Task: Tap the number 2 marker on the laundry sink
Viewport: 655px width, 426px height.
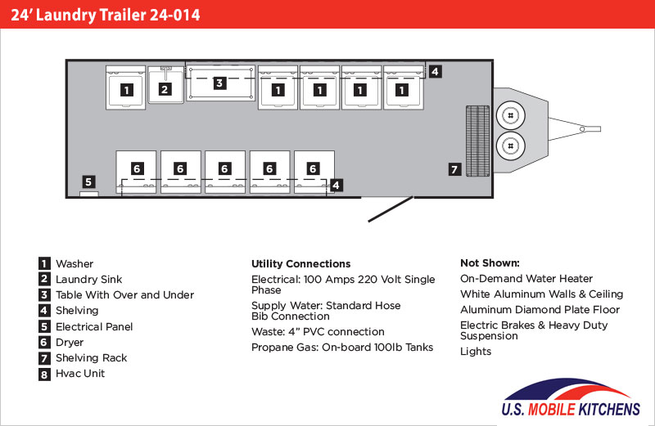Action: (x=165, y=89)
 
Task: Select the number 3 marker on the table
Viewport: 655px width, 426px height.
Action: (x=219, y=83)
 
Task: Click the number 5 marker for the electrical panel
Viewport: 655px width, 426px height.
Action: (x=88, y=182)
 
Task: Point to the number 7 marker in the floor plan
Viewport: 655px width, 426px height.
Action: (x=455, y=169)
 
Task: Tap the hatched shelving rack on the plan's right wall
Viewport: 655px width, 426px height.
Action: (x=476, y=140)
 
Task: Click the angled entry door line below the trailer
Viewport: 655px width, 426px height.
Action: (x=389, y=208)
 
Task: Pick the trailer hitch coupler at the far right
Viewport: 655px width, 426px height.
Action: (x=588, y=128)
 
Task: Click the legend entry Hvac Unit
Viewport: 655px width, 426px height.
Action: (x=80, y=374)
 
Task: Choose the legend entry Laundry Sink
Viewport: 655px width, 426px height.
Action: (x=88, y=280)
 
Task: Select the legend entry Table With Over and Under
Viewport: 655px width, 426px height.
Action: (x=124, y=295)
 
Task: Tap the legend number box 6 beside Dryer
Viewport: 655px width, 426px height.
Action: (x=43, y=343)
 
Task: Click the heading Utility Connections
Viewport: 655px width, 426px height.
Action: (x=300, y=264)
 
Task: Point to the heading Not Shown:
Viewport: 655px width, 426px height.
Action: (x=490, y=263)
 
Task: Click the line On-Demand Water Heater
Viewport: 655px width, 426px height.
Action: (x=526, y=279)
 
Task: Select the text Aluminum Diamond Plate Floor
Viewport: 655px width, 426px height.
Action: (x=540, y=310)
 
